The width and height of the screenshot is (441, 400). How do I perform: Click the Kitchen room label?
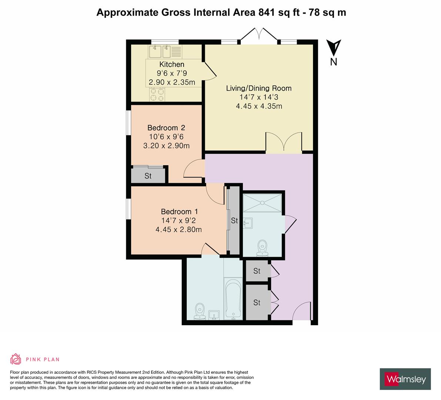pyautogui.click(x=171, y=64)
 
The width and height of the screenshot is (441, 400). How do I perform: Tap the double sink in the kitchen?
pyautogui.click(x=160, y=51)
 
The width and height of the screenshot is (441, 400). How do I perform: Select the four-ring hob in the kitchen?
pyautogui.click(x=157, y=94)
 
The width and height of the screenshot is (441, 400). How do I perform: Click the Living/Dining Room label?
pyautogui.click(x=259, y=88)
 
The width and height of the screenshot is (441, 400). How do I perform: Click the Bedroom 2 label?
pyautogui.click(x=166, y=128)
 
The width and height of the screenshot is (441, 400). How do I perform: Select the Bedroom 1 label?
pyautogui.click(x=179, y=212)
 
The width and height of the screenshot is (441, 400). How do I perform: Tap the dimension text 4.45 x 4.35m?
pyautogui.click(x=259, y=106)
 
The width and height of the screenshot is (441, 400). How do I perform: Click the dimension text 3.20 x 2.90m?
pyautogui.click(x=166, y=146)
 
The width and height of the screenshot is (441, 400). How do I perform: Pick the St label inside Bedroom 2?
pyautogui.click(x=148, y=176)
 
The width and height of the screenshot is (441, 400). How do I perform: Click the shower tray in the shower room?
pyautogui.click(x=262, y=203)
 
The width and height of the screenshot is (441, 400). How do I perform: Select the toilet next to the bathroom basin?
pyautogui.click(x=200, y=311)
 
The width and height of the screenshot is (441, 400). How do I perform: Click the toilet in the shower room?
pyautogui.click(x=263, y=248)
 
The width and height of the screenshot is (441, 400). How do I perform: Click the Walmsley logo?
pyautogui.click(x=405, y=379)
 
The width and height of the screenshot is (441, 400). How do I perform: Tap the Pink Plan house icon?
pyautogui.click(x=16, y=359)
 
